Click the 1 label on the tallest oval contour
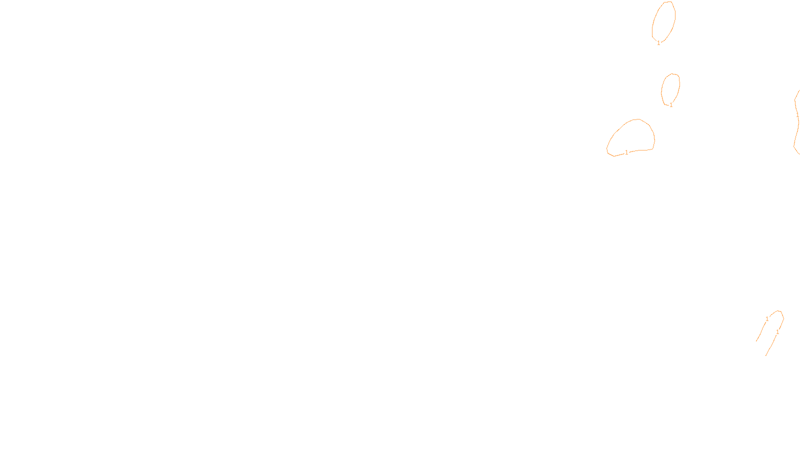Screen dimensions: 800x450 pyautogui.click(x=658, y=43)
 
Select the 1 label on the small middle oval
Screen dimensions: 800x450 pyautogui.click(x=671, y=105)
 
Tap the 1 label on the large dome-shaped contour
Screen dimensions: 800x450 pyautogui.click(x=626, y=152)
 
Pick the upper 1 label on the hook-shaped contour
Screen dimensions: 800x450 pyautogui.click(x=767, y=319)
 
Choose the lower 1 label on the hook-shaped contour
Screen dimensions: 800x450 pyautogui.click(x=777, y=332)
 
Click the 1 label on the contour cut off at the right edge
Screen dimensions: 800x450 pyautogui.click(x=797, y=115)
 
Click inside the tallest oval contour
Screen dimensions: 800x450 pyautogui.click(x=664, y=21)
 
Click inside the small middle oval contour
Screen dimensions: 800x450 pyautogui.click(x=670, y=88)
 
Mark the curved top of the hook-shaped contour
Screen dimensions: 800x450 pyautogui.click(x=778, y=311)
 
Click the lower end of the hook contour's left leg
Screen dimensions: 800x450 pyautogui.click(x=756, y=341)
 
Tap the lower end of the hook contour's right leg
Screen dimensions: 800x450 pyautogui.click(x=766, y=355)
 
